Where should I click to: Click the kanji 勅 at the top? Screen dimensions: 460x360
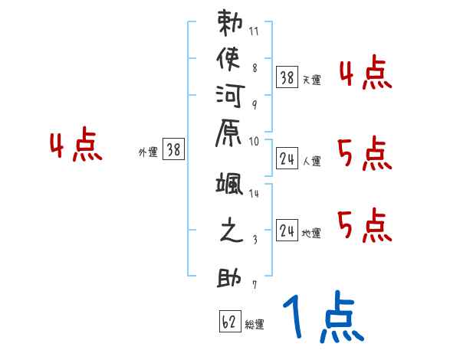[x=231, y=24]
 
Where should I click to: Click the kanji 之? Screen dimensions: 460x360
[x=231, y=231]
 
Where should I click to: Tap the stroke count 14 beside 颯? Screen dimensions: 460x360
[x=255, y=194]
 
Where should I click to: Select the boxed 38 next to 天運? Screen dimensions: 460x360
[x=287, y=77]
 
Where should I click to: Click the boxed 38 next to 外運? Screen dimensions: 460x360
[x=174, y=150]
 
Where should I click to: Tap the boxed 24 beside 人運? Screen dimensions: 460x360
[x=287, y=159]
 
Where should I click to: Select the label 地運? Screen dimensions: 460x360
[x=312, y=234]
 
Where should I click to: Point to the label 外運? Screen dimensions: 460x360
[x=148, y=152]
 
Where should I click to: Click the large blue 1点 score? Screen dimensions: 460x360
[x=322, y=316]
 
